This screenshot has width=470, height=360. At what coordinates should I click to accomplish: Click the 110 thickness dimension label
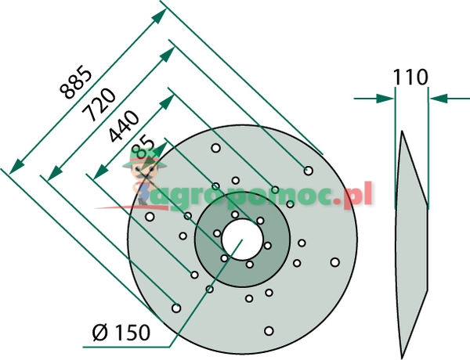click(411, 77)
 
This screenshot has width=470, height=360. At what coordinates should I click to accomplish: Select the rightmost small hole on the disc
click(334, 262)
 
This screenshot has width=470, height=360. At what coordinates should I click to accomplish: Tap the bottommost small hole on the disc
click(268, 330)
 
